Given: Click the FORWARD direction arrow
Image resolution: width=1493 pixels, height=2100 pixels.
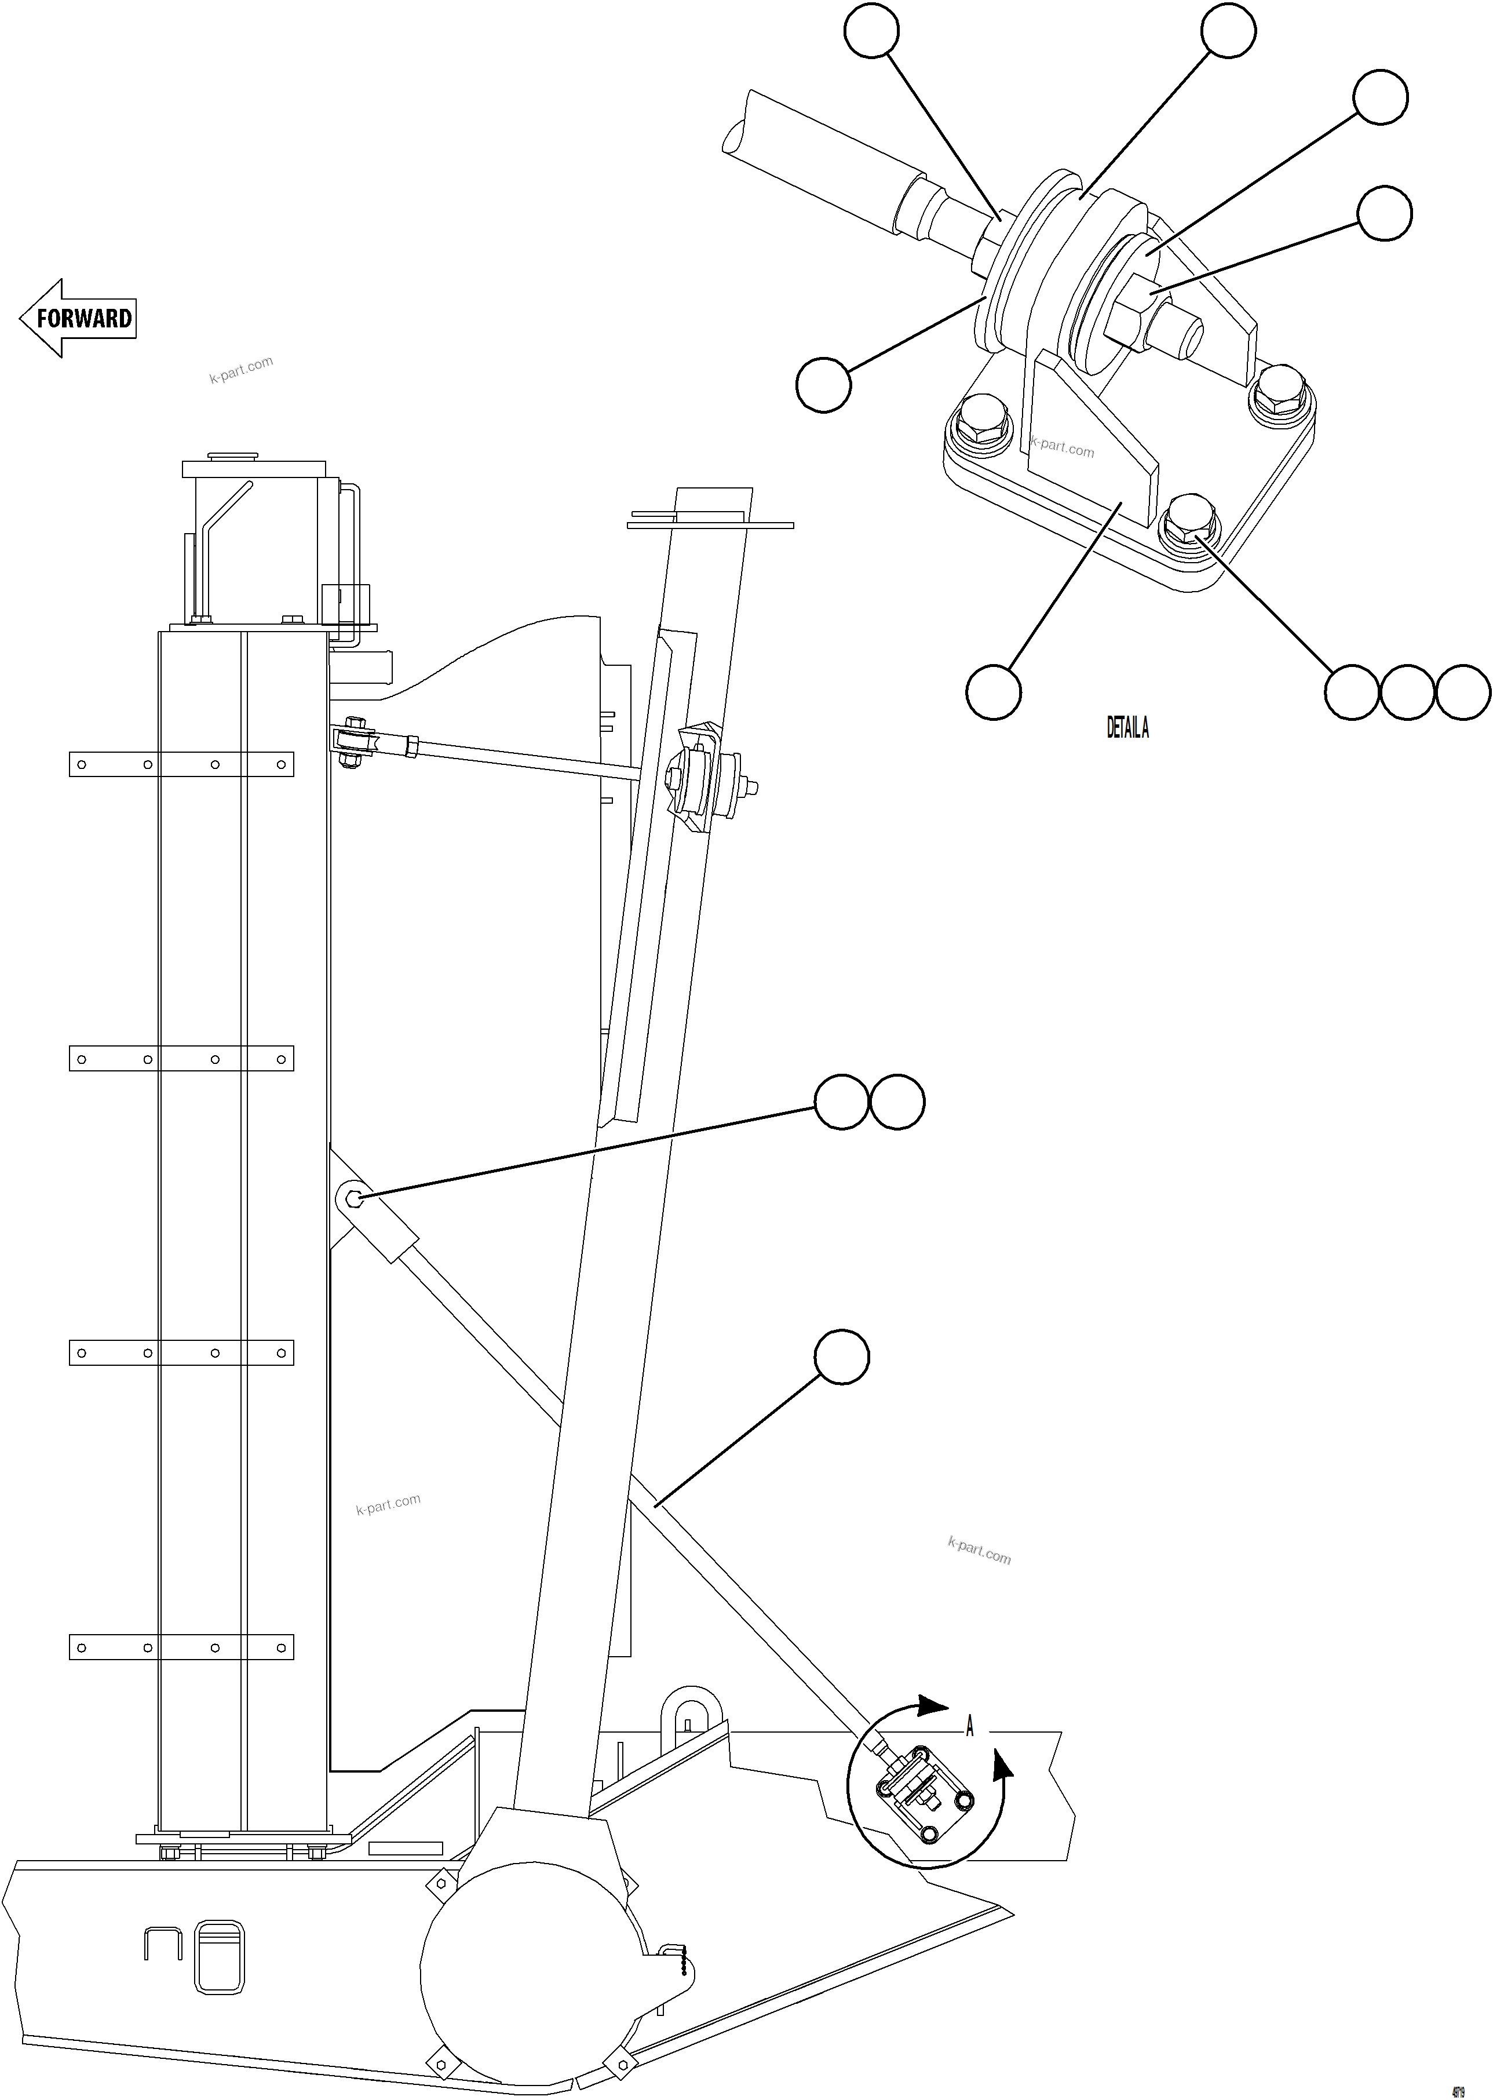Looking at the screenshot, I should [79, 318].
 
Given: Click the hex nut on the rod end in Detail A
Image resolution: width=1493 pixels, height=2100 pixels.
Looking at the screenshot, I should [1129, 312].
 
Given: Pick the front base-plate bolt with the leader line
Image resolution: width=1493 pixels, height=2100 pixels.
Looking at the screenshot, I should [1189, 524].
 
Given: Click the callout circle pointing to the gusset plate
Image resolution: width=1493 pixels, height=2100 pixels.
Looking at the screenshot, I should [993, 692].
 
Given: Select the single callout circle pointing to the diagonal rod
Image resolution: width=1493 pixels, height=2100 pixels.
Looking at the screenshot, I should [842, 1356].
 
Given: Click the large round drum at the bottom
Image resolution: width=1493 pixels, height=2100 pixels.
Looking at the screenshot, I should [528, 1972].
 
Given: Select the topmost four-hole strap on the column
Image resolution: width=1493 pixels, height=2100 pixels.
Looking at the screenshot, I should [181, 764].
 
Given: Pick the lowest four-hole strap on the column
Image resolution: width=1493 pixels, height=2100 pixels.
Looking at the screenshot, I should [181, 1647].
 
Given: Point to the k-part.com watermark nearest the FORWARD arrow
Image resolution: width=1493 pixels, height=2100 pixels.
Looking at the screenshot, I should [241, 369].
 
